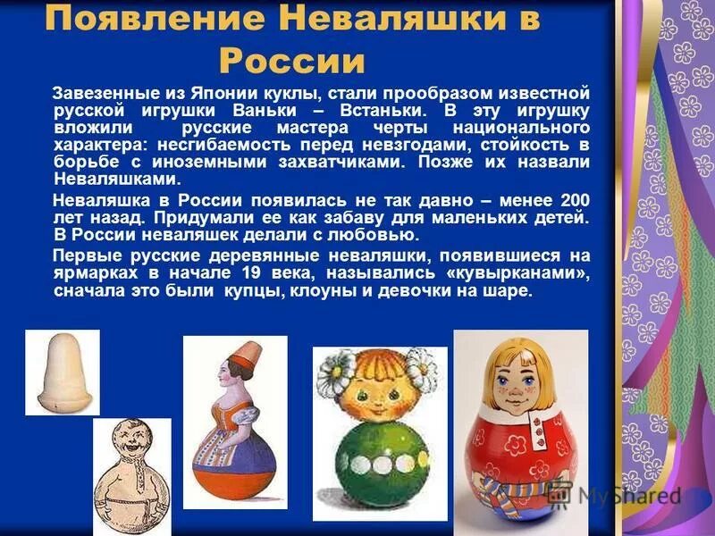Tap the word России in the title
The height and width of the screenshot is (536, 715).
(x=292, y=61)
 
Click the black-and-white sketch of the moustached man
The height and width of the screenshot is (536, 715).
(x=131, y=471)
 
